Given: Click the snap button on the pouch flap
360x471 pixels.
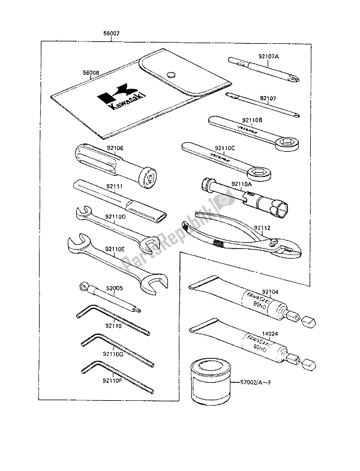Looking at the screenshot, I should (170, 74).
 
